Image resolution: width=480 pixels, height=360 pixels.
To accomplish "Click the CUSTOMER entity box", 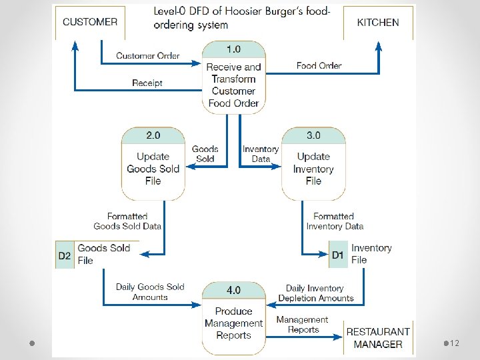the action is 90,23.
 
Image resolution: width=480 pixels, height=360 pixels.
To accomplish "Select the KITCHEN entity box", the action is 378,23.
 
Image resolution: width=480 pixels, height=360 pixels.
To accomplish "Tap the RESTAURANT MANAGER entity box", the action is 378,337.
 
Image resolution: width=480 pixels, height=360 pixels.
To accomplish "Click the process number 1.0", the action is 233,49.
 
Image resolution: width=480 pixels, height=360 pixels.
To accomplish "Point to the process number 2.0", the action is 153,135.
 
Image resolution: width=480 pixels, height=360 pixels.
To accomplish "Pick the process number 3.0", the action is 313,135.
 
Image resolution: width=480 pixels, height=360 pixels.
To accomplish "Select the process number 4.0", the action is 233,290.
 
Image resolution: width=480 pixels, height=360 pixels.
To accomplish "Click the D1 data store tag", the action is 338,255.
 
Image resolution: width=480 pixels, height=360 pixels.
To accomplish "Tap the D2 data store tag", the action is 65,255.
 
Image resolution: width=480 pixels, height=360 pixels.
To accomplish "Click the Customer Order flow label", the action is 147,56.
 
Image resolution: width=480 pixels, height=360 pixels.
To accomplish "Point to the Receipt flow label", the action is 147,83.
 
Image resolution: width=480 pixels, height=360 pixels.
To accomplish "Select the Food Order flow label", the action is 319,65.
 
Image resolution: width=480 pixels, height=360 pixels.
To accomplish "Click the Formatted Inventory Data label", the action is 335,221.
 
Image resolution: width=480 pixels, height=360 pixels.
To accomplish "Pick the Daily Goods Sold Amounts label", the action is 150,292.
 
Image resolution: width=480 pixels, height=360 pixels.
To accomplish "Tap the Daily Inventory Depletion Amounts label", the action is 315,293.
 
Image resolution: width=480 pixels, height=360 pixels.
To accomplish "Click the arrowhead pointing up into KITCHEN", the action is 379,46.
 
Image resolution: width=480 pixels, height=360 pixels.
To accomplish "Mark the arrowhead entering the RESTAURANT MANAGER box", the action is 337,337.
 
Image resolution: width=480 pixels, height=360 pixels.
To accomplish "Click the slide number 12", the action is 455,343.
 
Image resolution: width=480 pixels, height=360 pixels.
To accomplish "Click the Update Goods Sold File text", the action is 153,169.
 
